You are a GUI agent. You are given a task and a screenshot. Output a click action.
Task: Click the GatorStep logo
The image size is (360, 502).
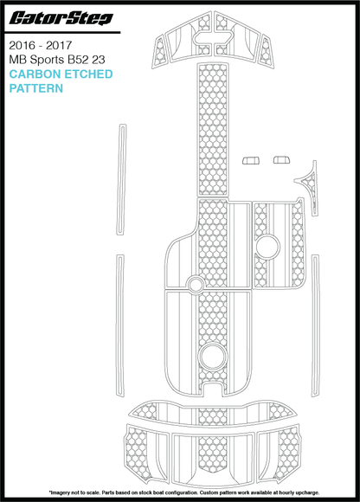point(61,18)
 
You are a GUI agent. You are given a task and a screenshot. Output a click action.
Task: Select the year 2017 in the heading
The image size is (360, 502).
point(59,46)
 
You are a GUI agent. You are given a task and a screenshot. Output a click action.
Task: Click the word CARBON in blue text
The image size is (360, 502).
point(35,74)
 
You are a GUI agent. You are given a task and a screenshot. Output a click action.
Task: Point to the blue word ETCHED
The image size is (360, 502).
point(88,74)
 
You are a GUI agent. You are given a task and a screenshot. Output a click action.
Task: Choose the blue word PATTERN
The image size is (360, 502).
point(35,88)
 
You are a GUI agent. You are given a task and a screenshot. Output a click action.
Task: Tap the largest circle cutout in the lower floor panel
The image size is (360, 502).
point(213,357)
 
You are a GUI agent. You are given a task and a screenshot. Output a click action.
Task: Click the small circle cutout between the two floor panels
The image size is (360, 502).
point(196,284)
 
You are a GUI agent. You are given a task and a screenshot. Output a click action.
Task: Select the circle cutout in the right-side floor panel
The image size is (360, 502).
point(267,247)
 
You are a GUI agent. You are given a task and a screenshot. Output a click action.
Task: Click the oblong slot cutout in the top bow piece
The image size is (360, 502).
point(213,37)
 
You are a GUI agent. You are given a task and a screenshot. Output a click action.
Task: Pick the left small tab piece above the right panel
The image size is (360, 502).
point(251,161)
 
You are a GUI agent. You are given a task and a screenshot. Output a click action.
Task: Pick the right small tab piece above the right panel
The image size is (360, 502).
point(281,160)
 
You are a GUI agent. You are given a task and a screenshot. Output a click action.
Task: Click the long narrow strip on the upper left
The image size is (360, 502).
point(122,180)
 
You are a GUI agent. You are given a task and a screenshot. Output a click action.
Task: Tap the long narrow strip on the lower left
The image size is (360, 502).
point(119,325)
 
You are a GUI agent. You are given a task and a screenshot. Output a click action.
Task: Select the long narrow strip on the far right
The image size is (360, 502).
point(316,325)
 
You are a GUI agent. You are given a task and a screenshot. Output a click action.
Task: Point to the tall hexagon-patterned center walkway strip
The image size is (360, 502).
point(213,129)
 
